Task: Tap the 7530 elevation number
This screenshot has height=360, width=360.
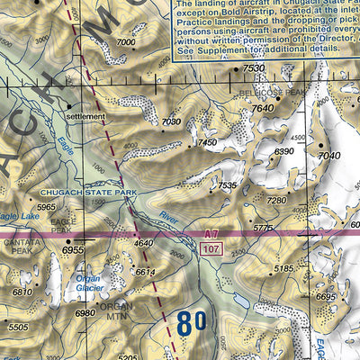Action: (254, 68)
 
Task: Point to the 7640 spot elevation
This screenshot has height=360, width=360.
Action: (262, 109)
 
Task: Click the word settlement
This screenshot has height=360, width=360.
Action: (85, 117)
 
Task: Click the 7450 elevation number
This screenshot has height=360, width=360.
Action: (208, 142)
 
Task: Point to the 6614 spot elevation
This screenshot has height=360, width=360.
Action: (145, 271)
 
